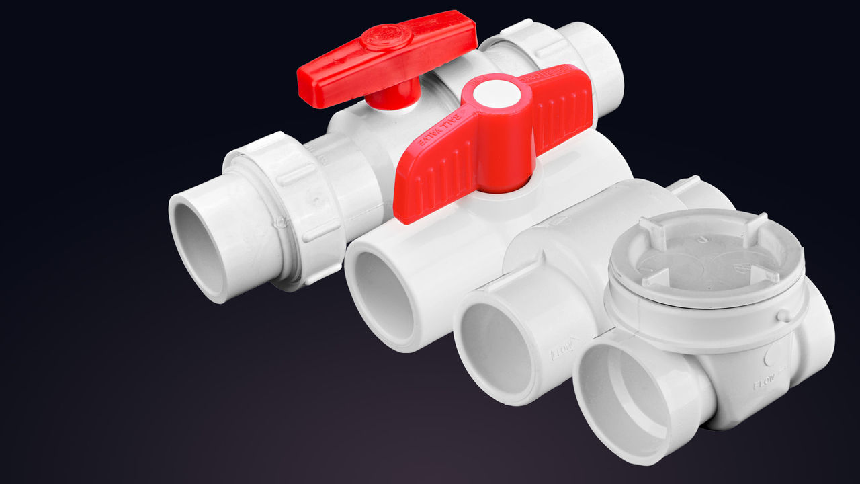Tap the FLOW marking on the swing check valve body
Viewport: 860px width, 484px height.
point(766,385)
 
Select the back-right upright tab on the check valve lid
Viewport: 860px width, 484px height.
point(755,224)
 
